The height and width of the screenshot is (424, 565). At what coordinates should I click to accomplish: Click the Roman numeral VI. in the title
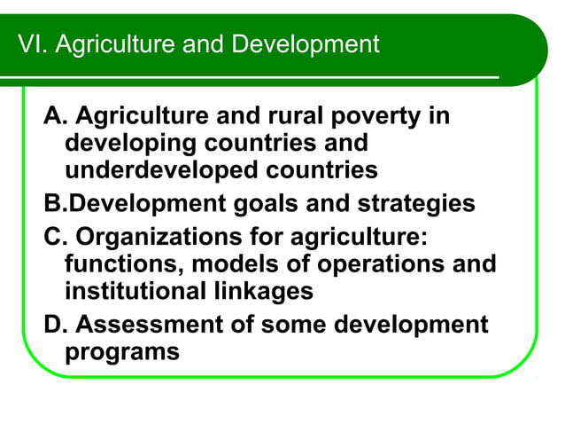click(33, 44)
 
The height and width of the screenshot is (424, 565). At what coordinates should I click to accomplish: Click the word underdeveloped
click(153, 169)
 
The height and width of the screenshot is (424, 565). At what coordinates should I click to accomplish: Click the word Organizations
click(153, 239)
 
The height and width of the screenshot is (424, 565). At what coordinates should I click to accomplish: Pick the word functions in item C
click(123, 265)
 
